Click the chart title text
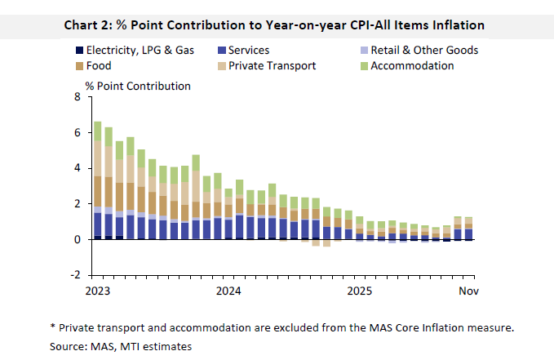274,25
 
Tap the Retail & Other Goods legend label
424,51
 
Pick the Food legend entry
98,65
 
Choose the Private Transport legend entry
273,65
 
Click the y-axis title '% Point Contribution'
138,86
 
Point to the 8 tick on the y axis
78,97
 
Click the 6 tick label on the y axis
78,133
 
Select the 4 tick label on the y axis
78,168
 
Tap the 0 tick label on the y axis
78,240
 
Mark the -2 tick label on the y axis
75,275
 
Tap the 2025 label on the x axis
359,290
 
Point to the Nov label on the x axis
468,290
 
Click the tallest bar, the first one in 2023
98,180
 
